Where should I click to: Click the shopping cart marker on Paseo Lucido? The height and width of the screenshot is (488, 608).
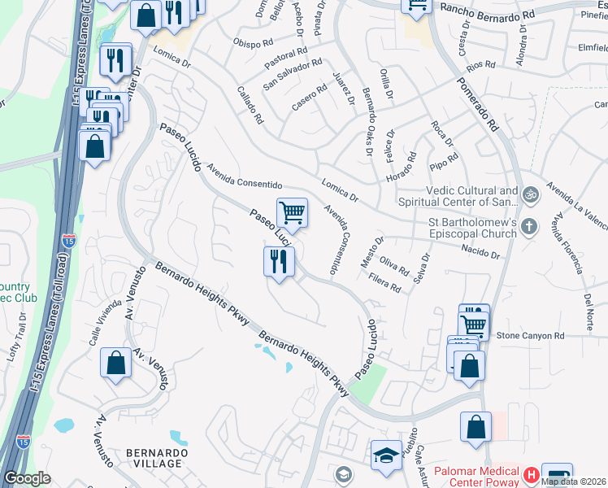[x=292, y=214]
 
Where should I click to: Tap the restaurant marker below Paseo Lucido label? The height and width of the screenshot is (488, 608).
[x=279, y=262]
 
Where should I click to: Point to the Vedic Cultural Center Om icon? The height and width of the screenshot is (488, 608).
[x=531, y=195]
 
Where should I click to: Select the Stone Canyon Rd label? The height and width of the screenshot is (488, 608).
[x=530, y=335]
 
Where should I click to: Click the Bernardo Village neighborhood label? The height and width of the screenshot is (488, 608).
[x=156, y=457]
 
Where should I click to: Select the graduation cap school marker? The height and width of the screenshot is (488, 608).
[x=386, y=455]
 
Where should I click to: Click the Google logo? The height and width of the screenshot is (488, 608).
[x=27, y=478]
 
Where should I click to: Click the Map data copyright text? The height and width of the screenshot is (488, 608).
[x=574, y=481]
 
